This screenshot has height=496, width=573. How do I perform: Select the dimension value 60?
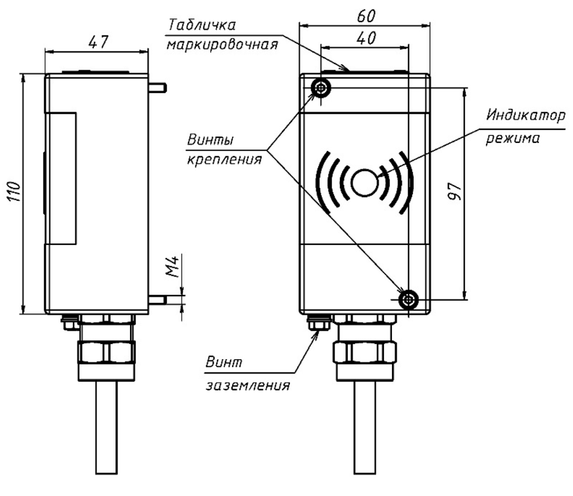point(364,15)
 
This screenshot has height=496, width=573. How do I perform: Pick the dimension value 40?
point(364,38)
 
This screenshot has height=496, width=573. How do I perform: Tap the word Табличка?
point(202,25)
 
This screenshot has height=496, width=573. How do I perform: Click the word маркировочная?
point(222,45)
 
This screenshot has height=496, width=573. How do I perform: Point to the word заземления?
point(247,384)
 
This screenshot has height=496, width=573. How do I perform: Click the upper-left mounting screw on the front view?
point(320,88)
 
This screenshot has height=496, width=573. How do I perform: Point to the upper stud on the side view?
point(158,88)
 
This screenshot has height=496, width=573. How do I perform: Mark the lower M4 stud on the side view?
point(158,299)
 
